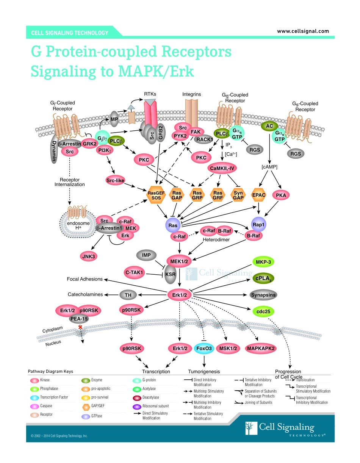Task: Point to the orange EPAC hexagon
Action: tap(259, 195)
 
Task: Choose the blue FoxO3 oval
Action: tap(204, 348)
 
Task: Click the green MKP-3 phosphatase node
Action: tap(263, 262)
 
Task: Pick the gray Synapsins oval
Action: tap(263, 295)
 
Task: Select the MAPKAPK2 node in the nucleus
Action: tap(261, 348)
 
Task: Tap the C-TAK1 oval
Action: tap(134, 272)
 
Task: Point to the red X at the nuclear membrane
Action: tap(80, 327)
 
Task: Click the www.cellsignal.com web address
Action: tap(303, 31)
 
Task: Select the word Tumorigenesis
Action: tap(204, 371)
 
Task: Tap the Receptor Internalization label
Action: tap(69, 182)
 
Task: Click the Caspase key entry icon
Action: tap(34, 406)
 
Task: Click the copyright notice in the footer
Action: tap(59, 436)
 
